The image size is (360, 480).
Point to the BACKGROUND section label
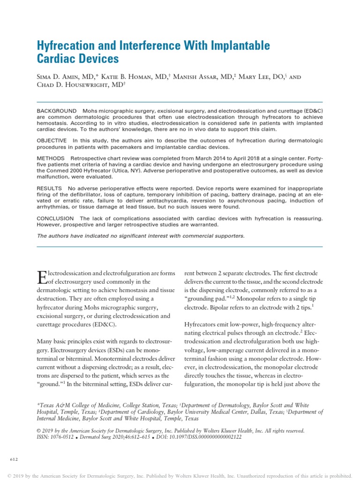(56, 111)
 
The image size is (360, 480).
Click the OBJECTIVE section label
(52, 141)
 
